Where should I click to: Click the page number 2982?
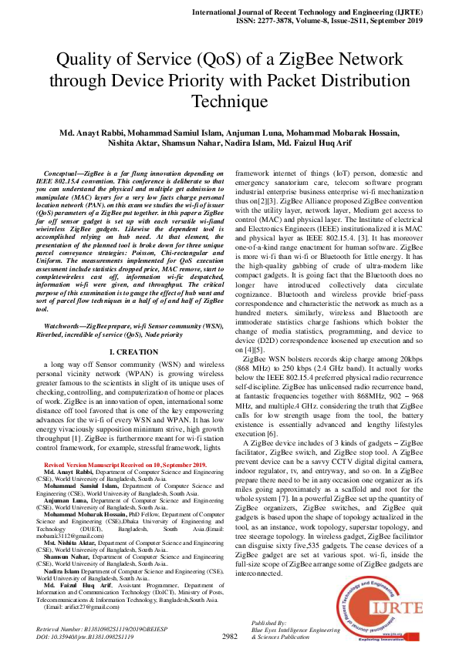tap(229, 636)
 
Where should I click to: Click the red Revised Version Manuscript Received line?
tap(125, 466)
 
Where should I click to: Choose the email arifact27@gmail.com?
tap(79, 607)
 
